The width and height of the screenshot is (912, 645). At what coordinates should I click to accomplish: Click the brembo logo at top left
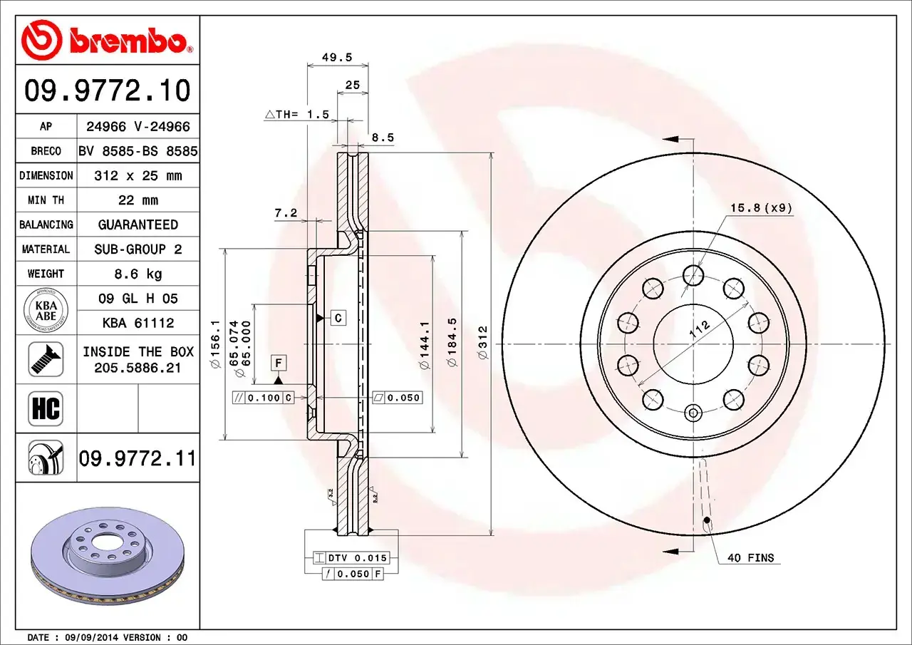click(x=107, y=39)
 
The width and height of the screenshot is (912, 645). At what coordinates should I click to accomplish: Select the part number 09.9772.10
click(x=108, y=91)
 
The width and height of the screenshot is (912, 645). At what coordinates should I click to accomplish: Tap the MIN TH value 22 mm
click(x=138, y=200)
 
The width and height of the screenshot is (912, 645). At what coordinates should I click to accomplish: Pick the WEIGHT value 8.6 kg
click(x=138, y=274)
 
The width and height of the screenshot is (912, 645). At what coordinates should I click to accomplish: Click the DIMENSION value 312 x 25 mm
click(x=138, y=175)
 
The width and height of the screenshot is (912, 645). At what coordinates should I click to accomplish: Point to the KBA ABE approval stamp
click(x=46, y=311)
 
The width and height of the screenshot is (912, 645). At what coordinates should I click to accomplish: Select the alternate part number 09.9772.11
click(x=137, y=458)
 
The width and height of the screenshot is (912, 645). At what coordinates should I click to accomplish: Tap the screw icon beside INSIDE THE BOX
click(x=46, y=359)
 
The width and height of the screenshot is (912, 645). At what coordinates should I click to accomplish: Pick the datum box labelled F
click(x=279, y=363)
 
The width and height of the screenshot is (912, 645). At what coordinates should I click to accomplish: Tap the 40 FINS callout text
click(x=750, y=558)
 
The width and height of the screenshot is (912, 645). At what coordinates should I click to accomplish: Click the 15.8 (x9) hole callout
click(x=760, y=208)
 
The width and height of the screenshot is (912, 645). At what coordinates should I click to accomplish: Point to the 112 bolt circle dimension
click(x=700, y=329)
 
